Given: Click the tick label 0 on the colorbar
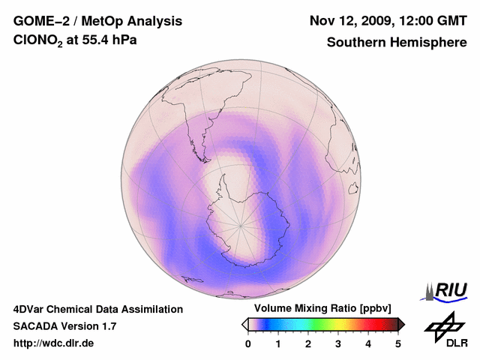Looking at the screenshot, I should [248, 343].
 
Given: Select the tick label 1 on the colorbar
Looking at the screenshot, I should [278, 343].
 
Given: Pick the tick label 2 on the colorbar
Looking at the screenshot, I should [308, 343].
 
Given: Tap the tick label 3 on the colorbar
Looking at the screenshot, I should [338, 343].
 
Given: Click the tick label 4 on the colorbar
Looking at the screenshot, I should [368, 343].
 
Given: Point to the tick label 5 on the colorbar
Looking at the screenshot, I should [398, 343].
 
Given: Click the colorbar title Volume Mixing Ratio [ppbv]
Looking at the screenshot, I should [322, 309].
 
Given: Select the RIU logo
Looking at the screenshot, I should [447, 290].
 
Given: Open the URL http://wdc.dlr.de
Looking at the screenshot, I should [54, 343].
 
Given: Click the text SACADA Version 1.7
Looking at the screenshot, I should [64, 326].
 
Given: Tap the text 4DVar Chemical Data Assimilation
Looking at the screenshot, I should [97, 309].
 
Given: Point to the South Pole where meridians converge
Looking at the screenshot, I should [241, 223].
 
